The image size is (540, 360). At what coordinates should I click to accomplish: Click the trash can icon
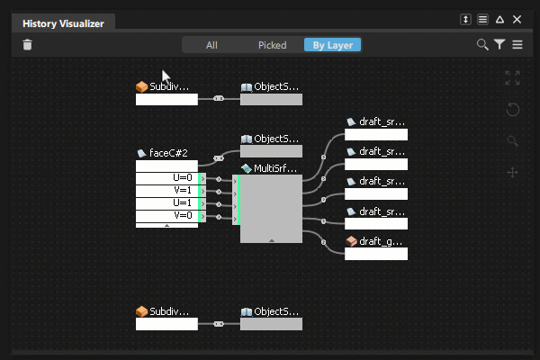27,44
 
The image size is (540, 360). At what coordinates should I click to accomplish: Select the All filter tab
211,44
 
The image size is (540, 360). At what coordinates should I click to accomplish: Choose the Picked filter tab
272,44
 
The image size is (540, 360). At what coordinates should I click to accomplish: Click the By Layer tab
332,44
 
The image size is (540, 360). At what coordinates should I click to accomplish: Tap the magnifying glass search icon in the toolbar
482,44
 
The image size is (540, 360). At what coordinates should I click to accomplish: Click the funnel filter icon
499,44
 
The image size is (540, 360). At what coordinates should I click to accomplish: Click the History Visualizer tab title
62,23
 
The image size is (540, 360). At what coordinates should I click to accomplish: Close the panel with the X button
517,19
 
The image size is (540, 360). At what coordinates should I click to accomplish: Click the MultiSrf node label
275,168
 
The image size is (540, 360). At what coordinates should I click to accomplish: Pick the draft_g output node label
382,241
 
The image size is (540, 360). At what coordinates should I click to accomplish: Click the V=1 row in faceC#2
167,191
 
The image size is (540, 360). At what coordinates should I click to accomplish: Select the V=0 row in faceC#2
167,216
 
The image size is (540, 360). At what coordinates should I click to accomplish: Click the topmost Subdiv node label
169,87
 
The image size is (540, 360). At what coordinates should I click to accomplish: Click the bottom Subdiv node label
169,310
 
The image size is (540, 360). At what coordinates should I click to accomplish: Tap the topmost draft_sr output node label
382,121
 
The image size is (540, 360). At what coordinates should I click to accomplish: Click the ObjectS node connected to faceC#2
275,139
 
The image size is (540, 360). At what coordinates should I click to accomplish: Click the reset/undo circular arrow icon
513,109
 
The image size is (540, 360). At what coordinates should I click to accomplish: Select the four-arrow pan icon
513,172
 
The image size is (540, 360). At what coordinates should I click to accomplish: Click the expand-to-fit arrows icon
513,78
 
